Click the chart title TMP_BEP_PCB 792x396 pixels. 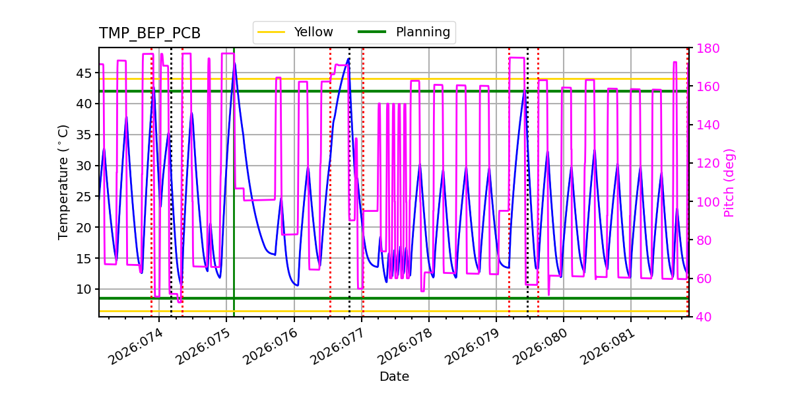(x=150, y=34)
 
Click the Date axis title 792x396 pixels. (x=394, y=377)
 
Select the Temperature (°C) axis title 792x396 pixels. (x=63, y=181)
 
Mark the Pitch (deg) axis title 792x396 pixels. (x=729, y=182)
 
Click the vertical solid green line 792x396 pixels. (x=234, y=198)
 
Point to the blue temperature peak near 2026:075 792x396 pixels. (x=234, y=63)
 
